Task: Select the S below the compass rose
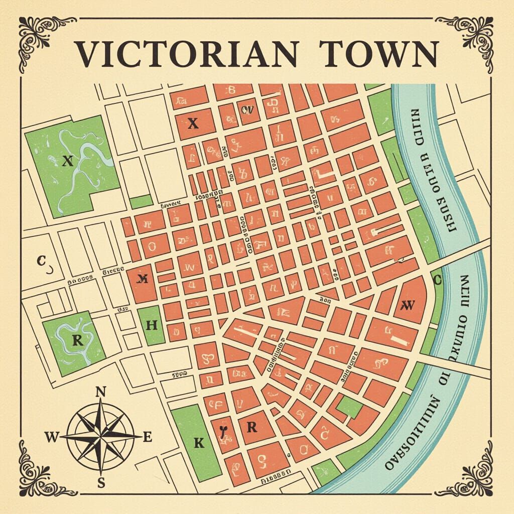tap(101, 483)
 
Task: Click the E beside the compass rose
tap(148, 437)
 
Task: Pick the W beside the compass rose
tap(52, 437)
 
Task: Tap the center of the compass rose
tap(101, 437)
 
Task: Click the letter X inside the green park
tap(68, 161)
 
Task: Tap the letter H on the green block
tap(151, 325)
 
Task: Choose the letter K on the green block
tap(199, 443)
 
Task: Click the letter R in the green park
tap(77, 341)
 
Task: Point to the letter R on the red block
tap(251, 427)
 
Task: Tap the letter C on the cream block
tap(42, 260)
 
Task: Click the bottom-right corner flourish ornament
tap(477, 477)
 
